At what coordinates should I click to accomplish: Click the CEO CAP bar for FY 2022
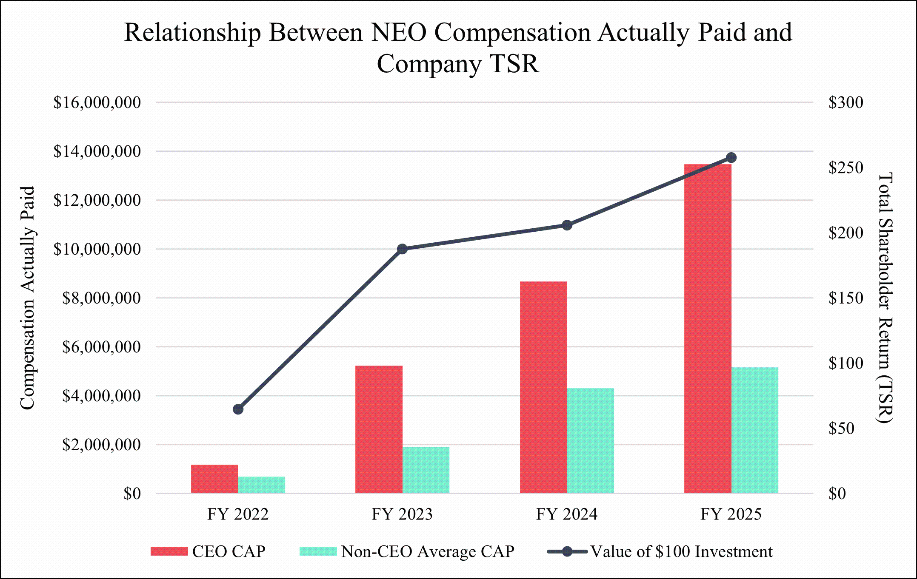tap(214, 479)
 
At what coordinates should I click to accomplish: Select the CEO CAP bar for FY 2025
tap(708, 328)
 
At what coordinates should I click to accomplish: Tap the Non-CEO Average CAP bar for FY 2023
tap(426, 470)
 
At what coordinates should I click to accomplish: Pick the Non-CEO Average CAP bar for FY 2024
tap(590, 440)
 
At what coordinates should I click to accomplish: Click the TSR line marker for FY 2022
tap(238, 409)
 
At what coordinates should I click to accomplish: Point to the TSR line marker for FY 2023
tap(403, 249)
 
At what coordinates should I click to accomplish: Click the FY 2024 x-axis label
tap(566, 514)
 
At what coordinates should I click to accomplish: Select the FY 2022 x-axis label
tap(238, 514)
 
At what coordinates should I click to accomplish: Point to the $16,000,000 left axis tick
tap(97, 102)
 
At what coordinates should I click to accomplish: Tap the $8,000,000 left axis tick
tap(102, 298)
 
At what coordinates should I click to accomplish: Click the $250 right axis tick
tap(846, 167)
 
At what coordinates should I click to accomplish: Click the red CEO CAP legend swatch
tap(169, 551)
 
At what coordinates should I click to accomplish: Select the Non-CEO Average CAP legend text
tap(428, 551)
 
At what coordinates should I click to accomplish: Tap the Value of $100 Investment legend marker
tap(567, 551)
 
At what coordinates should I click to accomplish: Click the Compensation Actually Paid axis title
tap(28, 298)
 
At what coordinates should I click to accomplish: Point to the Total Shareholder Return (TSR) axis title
tap(885, 298)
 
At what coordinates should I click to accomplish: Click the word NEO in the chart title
tap(399, 33)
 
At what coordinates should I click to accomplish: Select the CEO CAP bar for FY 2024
tap(543, 387)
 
